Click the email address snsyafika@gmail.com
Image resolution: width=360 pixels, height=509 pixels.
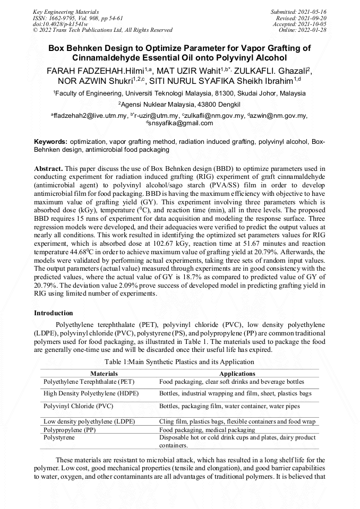click(x=181, y=123)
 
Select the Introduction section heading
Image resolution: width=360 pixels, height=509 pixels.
click(x=54, y=313)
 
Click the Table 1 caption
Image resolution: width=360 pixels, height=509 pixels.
click(x=179, y=362)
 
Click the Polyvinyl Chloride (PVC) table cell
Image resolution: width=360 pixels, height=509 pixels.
click(x=74, y=406)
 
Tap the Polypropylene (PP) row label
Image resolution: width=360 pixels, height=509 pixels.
click(x=67, y=430)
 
